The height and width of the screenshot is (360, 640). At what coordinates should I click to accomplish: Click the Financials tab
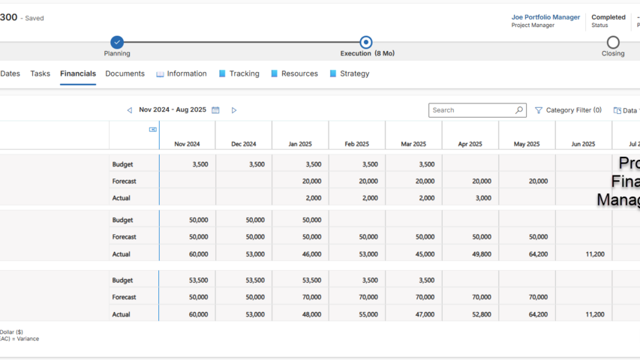tap(78, 73)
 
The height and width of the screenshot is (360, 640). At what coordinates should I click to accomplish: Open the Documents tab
tap(125, 73)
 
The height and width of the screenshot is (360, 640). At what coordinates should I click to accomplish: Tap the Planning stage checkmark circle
tap(117, 43)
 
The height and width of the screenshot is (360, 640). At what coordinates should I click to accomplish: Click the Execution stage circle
tap(365, 43)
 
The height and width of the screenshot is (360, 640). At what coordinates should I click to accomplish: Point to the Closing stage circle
tap(613, 43)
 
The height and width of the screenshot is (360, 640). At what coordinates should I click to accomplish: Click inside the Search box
tap(471, 110)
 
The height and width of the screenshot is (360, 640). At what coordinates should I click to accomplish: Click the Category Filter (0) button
tap(568, 110)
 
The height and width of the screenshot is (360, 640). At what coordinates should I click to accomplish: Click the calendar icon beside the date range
tap(215, 110)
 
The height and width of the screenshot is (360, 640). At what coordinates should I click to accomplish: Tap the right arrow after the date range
tap(234, 110)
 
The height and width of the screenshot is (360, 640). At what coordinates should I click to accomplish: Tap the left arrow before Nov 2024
tap(129, 110)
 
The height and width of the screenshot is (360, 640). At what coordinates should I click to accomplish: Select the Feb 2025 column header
tap(356, 144)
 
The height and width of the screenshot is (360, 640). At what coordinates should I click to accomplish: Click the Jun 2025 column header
tap(583, 144)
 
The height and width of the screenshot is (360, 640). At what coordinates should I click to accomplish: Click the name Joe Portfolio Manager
tap(545, 17)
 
